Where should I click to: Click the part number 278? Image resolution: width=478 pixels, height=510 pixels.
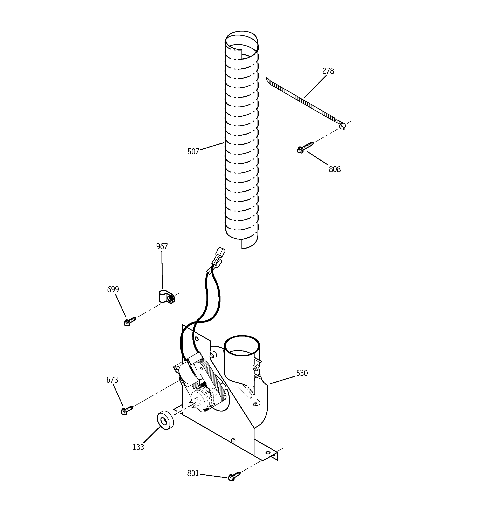click(328, 71)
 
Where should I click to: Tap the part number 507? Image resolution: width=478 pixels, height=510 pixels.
click(193, 152)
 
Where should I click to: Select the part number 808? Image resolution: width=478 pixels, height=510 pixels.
click(335, 169)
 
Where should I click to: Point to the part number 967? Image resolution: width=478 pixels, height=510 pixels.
click(162, 246)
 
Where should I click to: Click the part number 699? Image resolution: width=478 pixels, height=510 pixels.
click(113, 290)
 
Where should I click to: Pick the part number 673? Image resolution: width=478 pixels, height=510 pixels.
click(112, 380)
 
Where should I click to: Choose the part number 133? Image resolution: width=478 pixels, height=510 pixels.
click(138, 447)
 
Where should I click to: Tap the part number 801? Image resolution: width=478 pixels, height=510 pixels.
click(193, 473)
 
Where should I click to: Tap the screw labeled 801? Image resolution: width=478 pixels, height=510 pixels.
click(234, 476)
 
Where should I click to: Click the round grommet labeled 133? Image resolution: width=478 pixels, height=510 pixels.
click(165, 423)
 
